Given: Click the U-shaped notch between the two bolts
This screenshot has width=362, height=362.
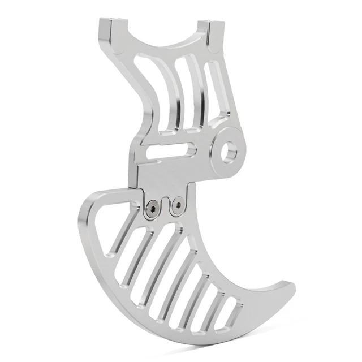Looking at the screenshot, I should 165,206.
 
